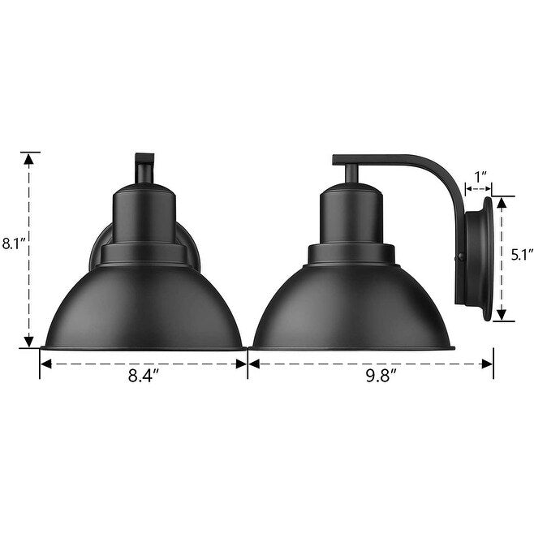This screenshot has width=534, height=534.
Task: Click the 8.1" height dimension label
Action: coord(15,243)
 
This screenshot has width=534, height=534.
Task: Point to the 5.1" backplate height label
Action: coord(519,254)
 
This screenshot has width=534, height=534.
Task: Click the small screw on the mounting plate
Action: coord(462,259)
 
